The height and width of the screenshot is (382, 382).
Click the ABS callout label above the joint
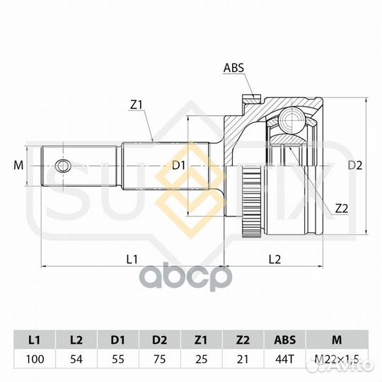233,68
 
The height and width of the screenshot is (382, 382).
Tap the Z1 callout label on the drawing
137,105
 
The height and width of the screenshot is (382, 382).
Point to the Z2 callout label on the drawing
342,209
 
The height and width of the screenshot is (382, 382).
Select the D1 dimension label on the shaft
179,166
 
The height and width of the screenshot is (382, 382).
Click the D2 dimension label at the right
355,166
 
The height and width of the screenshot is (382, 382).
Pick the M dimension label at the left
18,166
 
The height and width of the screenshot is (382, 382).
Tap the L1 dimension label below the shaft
132,259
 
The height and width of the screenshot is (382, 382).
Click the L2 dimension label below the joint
274,259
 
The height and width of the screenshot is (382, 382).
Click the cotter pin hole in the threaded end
63,166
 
